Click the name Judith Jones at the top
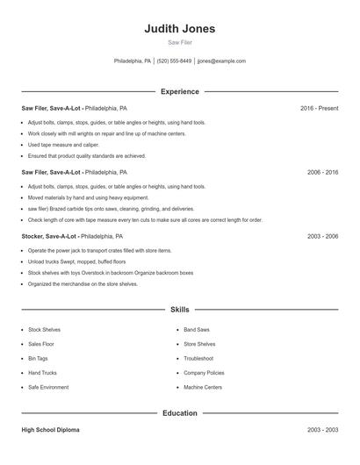point(180,29)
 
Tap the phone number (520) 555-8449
point(175,61)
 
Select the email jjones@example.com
point(221,61)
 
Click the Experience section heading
point(180,91)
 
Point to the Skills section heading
point(180,310)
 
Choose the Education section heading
point(180,413)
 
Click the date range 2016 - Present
point(319,108)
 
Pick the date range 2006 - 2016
point(322,173)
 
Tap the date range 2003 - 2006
point(322,237)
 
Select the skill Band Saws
point(196,330)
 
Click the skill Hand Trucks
point(42,373)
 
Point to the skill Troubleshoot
point(198,359)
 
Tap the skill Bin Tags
point(38,359)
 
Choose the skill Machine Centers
point(203,387)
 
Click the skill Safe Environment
point(47,387)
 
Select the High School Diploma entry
point(50,431)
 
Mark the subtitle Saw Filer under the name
point(180,42)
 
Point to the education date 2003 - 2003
point(322,431)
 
